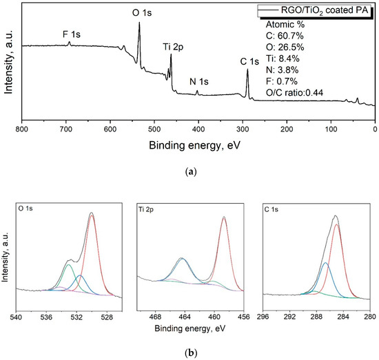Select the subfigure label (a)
[189, 172]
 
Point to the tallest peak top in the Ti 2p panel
[224, 218]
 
